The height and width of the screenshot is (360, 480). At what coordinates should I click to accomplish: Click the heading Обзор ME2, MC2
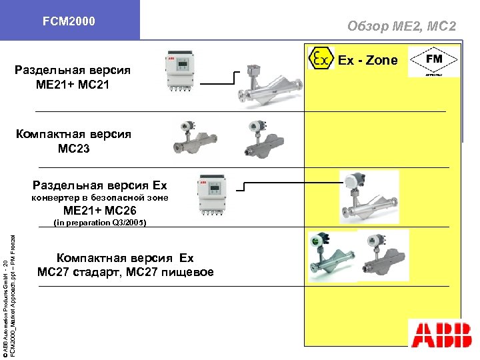tap(401, 26)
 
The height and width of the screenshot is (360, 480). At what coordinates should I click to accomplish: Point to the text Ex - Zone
tap(367, 60)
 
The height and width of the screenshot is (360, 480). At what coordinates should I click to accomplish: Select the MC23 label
tap(73, 149)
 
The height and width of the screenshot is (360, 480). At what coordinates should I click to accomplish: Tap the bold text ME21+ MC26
tap(100, 211)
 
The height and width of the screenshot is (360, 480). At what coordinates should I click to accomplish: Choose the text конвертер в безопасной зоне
tap(101, 198)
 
